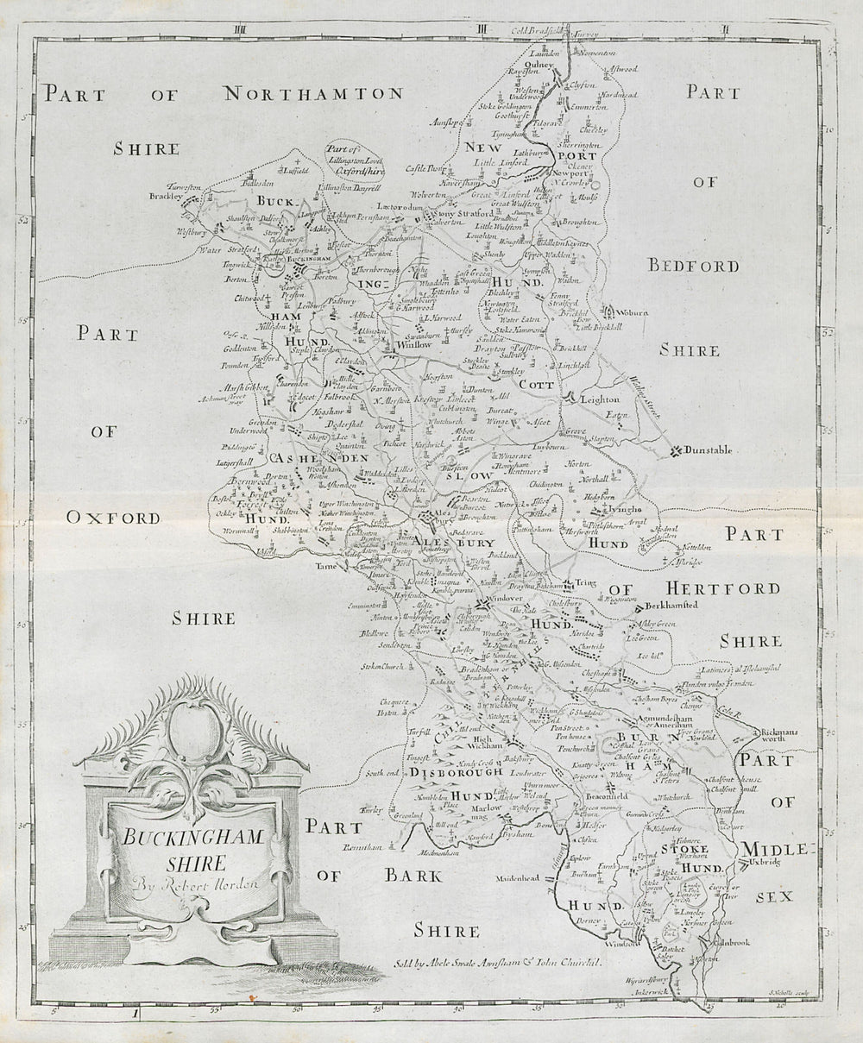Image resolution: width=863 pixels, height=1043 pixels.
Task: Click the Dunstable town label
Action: pyautogui.click(x=709, y=450)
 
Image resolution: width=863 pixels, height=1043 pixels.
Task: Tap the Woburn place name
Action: pyautogui.click(x=632, y=312)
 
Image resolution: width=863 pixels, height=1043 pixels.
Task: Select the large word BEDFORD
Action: pyautogui.click(x=694, y=267)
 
